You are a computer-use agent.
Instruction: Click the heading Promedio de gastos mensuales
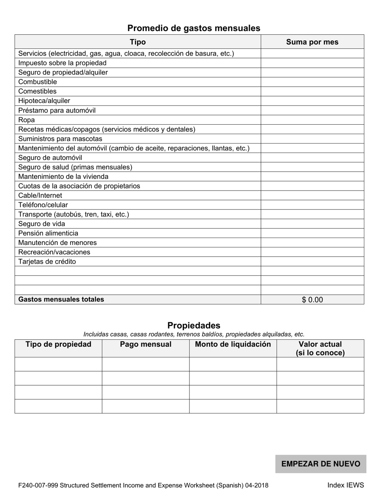194,28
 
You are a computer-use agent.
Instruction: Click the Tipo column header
138,42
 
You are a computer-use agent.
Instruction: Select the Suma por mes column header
312,42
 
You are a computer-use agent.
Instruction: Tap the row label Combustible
38,82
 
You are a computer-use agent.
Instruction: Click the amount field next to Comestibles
312,91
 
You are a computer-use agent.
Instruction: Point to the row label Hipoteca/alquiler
44,101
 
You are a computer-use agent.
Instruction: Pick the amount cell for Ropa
312,120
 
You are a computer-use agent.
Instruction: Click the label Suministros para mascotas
60,139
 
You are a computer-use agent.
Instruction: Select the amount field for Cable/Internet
312,195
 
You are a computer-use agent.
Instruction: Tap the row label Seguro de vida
42,224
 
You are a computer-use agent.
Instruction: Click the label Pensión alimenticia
48,233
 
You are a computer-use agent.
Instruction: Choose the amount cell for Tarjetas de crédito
312,261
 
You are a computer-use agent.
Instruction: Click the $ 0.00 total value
312,300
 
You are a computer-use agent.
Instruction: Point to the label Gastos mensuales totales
61,299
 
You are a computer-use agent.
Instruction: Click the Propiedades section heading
194,326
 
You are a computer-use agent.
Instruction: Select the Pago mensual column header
145,344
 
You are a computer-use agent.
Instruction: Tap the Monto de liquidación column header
233,344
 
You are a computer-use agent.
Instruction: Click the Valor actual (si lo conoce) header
320,348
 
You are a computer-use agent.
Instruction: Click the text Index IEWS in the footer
345,485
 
